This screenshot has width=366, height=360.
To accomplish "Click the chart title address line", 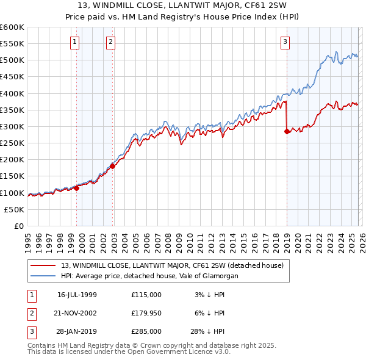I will (x=182, y=5).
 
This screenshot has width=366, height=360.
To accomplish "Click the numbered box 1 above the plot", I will (x=74, y=42).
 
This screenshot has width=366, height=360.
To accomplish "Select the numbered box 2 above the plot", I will (x=110, y=42).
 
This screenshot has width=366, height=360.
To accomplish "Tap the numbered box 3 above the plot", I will (x=285, y=42).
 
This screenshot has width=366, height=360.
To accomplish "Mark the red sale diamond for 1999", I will (x=77, y=188).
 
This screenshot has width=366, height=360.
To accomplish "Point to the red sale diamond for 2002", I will (x=113, y=166).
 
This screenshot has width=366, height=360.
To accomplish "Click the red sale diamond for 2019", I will (x=287, y=131).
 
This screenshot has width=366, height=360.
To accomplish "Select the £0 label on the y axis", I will (x=18, y=226).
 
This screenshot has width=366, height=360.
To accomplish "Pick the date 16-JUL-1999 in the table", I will (x=77, y=294).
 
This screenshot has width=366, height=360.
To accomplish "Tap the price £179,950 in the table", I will (x=146, y=312).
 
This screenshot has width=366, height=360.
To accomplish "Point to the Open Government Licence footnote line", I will (x=129, y=352).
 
